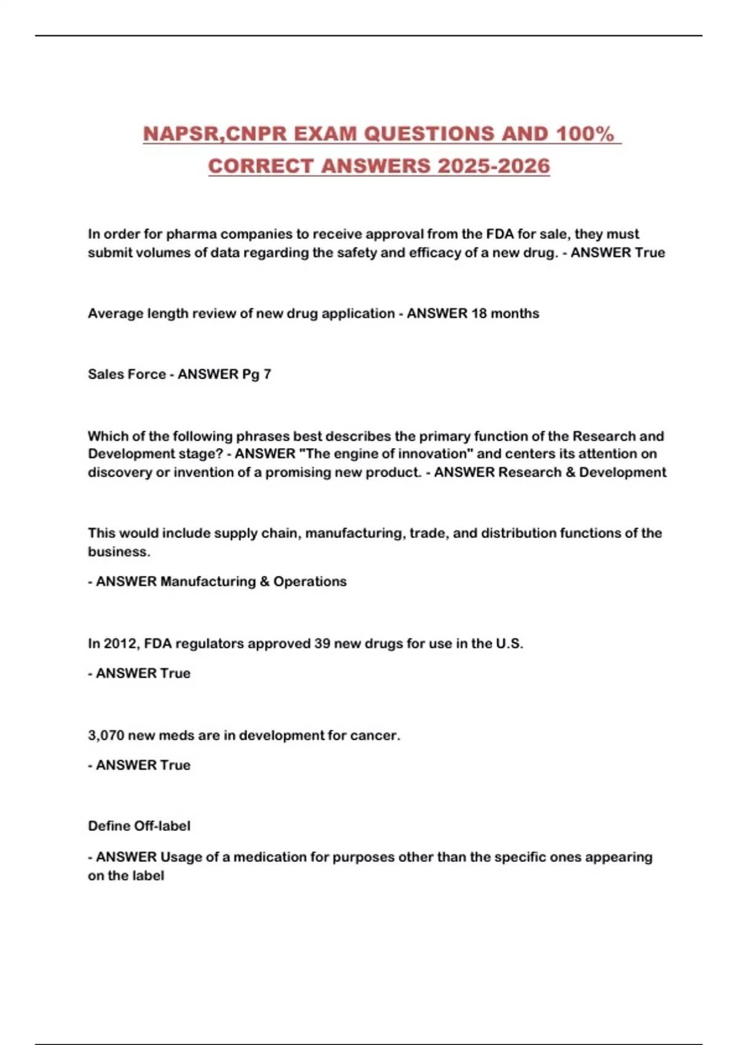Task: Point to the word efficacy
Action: click(x=436, y=253)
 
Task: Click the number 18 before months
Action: click(x=479, y=313)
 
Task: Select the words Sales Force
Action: click(x=126, y=374)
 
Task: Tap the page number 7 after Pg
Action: click(x=267, y=374)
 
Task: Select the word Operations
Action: click(x=310, y=582)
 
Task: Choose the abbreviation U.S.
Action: click(x=509, y=644)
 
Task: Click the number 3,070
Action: click(x=106, y=735)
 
